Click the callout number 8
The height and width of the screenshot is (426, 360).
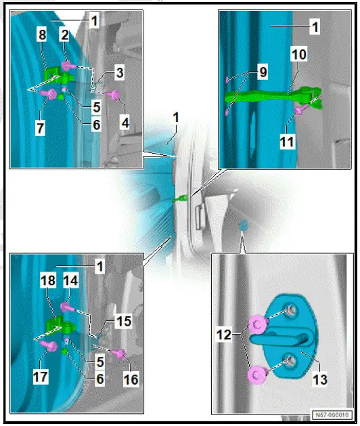point(42,35)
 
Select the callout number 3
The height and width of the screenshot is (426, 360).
point(120,73)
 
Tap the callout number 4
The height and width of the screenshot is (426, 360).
point(125,123)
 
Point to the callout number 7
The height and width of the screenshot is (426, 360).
point(40,128)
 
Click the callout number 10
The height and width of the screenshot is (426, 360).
point(298,54)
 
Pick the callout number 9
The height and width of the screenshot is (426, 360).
point(263,72)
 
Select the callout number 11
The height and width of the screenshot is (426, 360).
point(287,142)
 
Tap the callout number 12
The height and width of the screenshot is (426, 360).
point(224,335)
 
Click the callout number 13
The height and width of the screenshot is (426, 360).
point(319,379)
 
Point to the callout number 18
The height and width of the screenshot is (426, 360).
point(48,280)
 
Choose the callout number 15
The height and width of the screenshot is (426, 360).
point(124,322)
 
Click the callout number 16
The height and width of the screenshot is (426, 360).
point(131,379)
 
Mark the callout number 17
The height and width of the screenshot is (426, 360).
point(41,377)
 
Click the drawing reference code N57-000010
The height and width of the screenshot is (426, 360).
point(332,415)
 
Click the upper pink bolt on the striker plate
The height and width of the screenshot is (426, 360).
point(258,324)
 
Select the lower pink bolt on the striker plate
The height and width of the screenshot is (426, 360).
point(257,375)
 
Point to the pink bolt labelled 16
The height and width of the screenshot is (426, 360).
point(119,354)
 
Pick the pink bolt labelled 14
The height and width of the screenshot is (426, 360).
point(66,307)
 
